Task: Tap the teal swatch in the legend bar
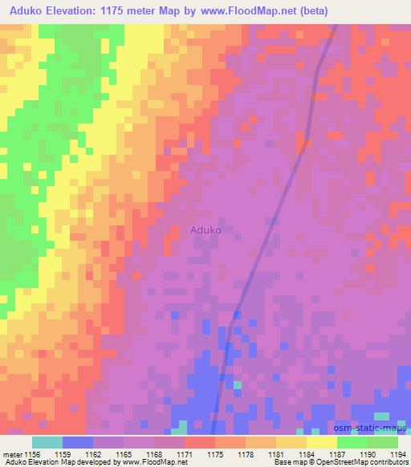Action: tap(47, 442)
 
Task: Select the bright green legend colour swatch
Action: tap(352, 442)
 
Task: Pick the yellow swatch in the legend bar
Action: tap(322, 442)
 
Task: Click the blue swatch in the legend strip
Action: tap(78, 442)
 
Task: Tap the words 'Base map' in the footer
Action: tap(283, 463)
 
